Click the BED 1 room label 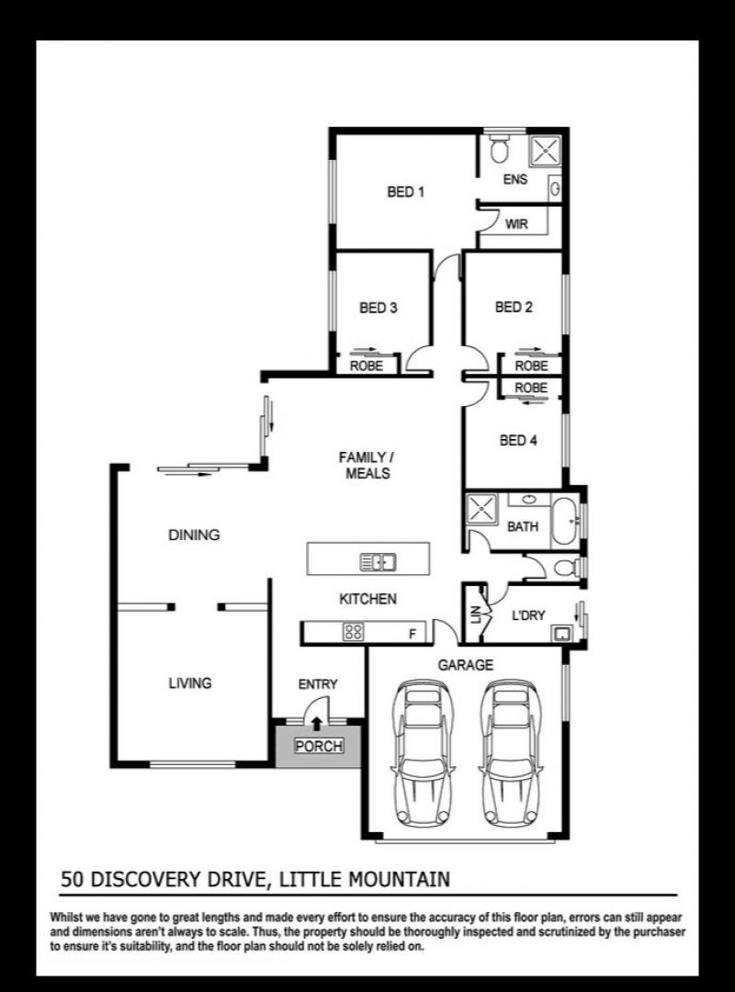405,191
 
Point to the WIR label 516,224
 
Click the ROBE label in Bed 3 367,366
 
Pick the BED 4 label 518,440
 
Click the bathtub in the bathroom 563,522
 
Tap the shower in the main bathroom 482,509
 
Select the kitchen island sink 378,561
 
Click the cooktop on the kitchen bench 353,631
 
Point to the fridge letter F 413,633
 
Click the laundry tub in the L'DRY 560,633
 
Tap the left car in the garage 423,753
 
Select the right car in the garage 511,753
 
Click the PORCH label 319,746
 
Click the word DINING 195,535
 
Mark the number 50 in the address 73,879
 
